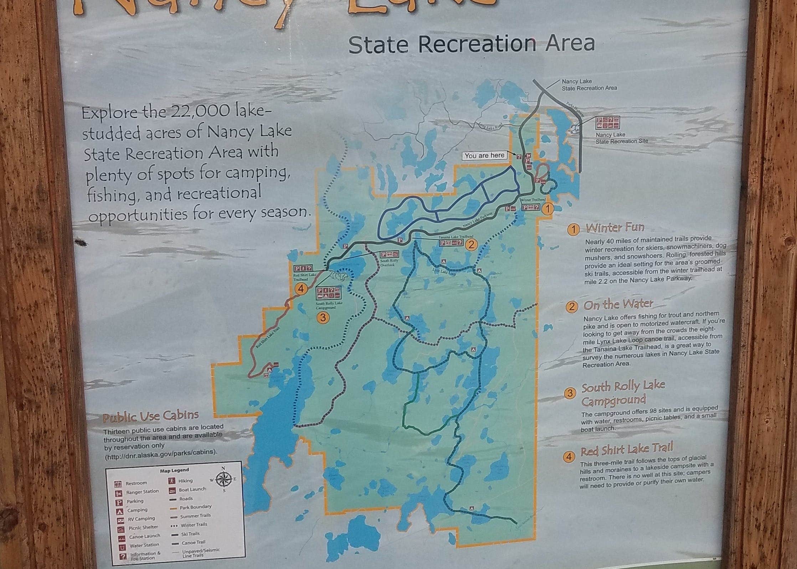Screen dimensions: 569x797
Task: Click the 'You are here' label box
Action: coord(484,155)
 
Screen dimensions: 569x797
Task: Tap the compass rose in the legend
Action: coord(223,479)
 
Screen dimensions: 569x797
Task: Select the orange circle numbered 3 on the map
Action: coord(323,317)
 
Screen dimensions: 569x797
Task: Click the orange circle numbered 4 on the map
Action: coord(301,289)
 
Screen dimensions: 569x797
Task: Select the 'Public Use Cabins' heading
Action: coord(151,416)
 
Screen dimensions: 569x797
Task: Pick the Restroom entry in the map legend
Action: coord(136,483)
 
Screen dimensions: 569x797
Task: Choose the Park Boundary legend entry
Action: coord(195,507)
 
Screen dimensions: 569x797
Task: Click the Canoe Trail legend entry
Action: coord(193,543)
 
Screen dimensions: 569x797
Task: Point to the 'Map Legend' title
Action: coord(174,470)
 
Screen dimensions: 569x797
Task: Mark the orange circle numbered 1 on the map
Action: coord(547,209)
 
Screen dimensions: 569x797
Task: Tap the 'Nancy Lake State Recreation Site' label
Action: coord(622,138)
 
